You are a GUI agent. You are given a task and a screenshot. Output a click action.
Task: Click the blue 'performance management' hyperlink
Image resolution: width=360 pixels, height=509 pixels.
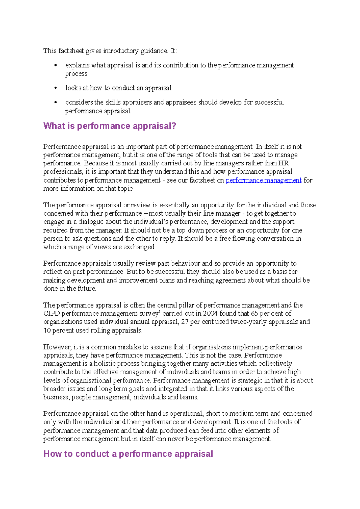coord(263,180)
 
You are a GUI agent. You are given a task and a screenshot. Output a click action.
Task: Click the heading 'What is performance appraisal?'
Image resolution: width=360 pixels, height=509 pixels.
coord(110,126)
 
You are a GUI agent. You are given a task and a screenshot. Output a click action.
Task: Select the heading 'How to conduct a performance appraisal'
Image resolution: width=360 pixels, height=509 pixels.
coord(128,454)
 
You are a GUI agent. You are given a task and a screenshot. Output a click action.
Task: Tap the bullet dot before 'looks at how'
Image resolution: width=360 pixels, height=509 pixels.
coord(55,88)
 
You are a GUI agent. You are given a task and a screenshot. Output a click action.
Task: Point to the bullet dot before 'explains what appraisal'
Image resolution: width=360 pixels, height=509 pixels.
coord(55,65)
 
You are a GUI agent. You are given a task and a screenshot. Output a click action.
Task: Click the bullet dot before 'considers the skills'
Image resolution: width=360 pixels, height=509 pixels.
coord(55,103)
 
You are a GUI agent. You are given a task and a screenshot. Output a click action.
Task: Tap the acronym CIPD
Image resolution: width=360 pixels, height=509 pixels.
coord(52,314)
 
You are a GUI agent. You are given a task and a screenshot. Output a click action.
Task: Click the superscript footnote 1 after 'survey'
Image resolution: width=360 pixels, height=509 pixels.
coord(160,312)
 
